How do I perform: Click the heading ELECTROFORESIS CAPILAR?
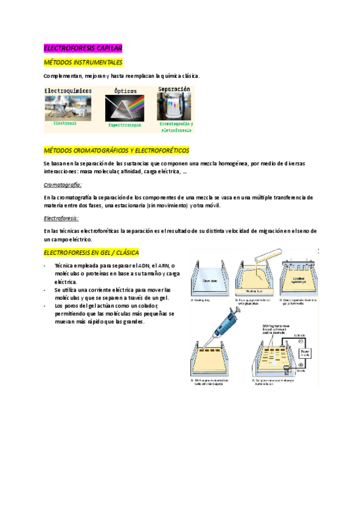click(x=83, y=48)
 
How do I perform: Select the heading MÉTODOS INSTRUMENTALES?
click(x=83, y=62)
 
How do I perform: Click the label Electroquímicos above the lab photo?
click(x=68, y=90)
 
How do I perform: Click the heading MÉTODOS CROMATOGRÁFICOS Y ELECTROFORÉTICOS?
click(x=117, y=150)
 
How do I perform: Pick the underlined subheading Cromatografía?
click(x=63, y=185)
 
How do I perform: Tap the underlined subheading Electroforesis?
click(x=62, y=219)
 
